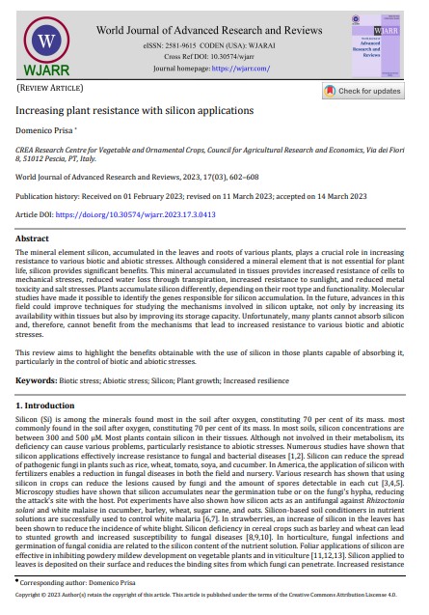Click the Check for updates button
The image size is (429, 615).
[x=369, y=91]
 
